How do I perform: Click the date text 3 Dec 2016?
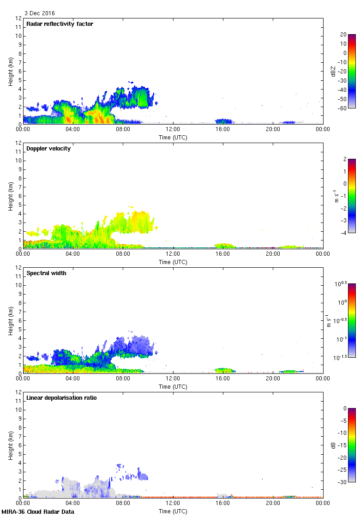[x=39, y=13]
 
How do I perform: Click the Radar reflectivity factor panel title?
[x=60, y=24]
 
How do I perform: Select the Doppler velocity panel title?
[x=48, y=149]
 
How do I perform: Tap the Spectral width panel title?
[x=46, y=273]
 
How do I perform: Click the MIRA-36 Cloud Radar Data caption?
[x=38, y=512]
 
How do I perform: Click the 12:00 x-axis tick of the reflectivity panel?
[x=173, y=130]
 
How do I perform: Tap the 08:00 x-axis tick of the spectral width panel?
[x=123, y=379]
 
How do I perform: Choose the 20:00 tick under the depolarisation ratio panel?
[x=273, y=504]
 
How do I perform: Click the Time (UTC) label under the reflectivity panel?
[x=173, y=137]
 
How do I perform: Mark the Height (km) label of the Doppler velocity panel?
[x=11, y=196]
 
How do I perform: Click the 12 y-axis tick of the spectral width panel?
[x=18, y=267]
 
